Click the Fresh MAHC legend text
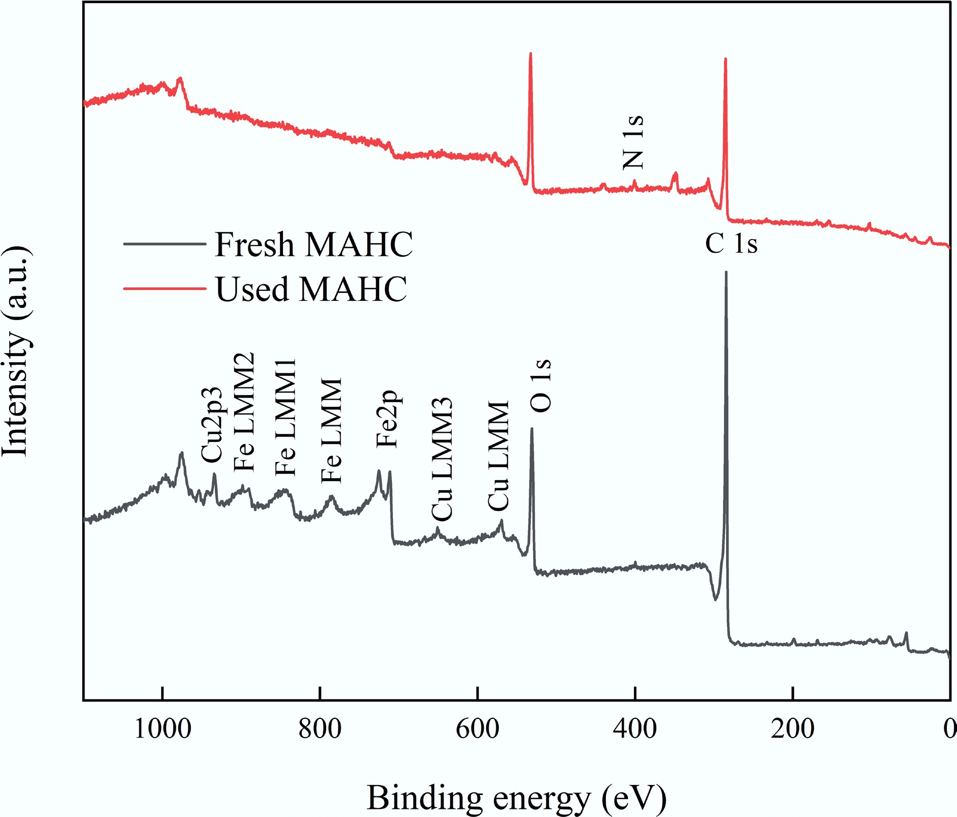click(314, 245)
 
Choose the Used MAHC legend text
click(311, 289)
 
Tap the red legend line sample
click(165, 289)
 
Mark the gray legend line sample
click(165, 244)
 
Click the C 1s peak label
click(731, 244)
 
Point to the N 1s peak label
click(633, 142)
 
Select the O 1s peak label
click(541, 385)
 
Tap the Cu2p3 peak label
click(211, 424)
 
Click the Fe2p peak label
click(387, 419)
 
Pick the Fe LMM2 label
click(244, 412)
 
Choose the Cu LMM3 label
click(442, 459)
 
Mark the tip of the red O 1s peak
click(530, 53)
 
